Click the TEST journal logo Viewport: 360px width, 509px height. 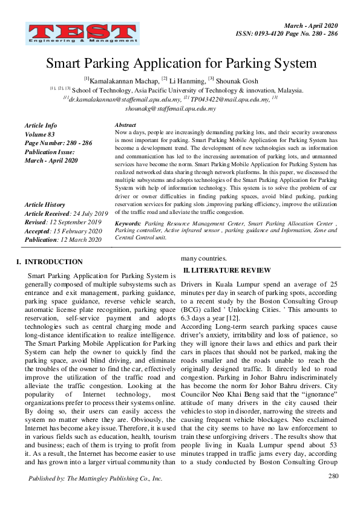pos(82,33)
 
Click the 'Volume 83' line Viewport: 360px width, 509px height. pos(40,134)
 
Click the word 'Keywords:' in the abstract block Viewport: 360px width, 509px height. pos(128,223)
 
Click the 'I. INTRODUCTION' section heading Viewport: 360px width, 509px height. pos(50,262)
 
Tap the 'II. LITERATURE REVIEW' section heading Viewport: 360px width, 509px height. pos(227,270)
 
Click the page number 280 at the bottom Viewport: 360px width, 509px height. pos(333,476)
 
